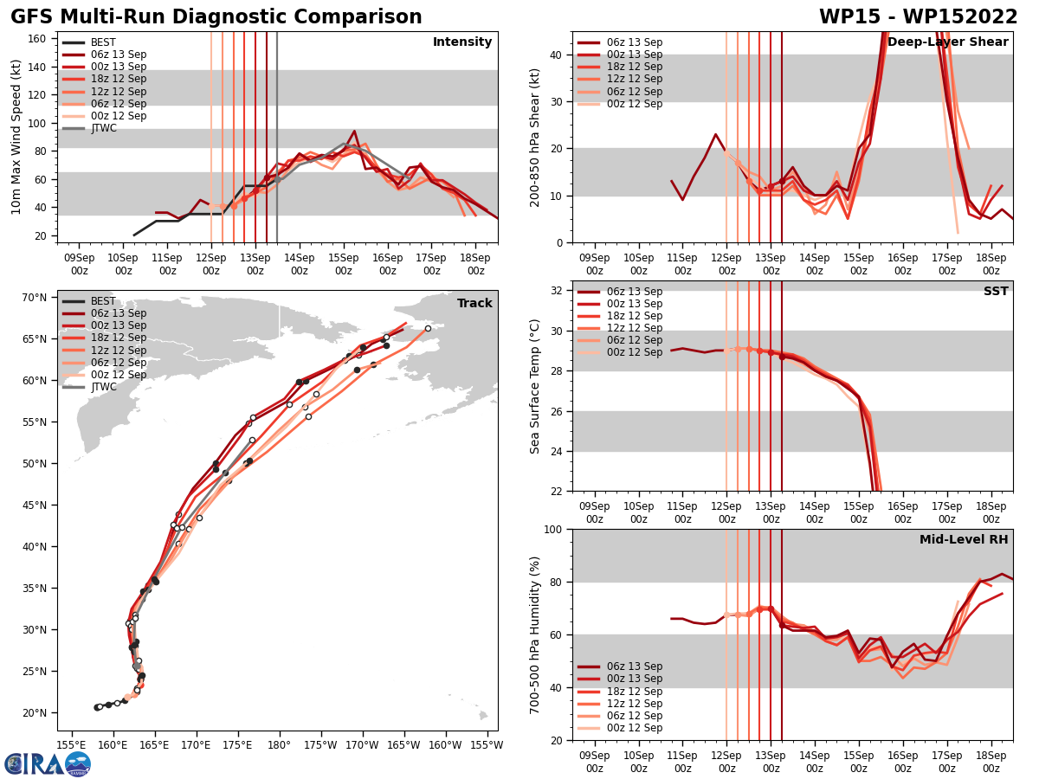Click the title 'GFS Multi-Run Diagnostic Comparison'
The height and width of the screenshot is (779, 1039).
point(216,17)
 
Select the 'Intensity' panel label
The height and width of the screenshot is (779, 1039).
point(462,42)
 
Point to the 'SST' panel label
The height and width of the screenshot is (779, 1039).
point(996,292)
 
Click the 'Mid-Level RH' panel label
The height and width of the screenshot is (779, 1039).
point(964,540)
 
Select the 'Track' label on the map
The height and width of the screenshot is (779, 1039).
point(474,304)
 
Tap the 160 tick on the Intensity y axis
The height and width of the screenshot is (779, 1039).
point(39,38)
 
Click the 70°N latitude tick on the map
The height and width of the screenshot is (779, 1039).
point(35,298)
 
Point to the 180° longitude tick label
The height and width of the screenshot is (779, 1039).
point(279,744)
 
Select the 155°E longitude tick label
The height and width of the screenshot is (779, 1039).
point(71,744)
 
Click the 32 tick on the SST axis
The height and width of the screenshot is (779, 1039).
point(558,290)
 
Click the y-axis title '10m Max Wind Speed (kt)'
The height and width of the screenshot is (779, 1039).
point(16,137)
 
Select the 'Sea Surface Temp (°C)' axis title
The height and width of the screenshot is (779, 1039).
point(536,386)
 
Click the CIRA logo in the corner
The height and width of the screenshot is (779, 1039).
point(48,763)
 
